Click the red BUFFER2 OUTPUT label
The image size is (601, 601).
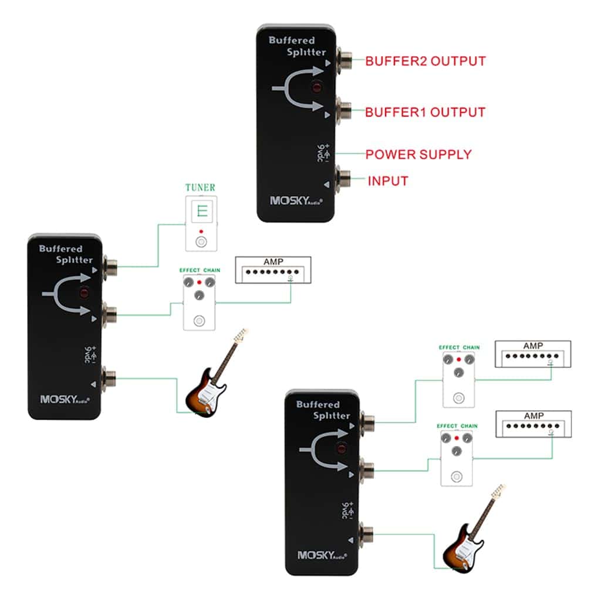coord(425,61)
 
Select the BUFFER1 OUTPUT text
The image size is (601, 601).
coord(425,112)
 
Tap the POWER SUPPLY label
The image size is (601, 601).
coord(418,155)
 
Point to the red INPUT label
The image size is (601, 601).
coord(388,181)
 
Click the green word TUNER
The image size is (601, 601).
coord(200,188)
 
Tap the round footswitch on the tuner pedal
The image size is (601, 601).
coord(201,242)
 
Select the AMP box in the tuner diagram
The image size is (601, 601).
coord(274,270)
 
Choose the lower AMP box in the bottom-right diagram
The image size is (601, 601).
coord(533,424)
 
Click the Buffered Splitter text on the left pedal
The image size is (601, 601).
coord(66,254)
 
